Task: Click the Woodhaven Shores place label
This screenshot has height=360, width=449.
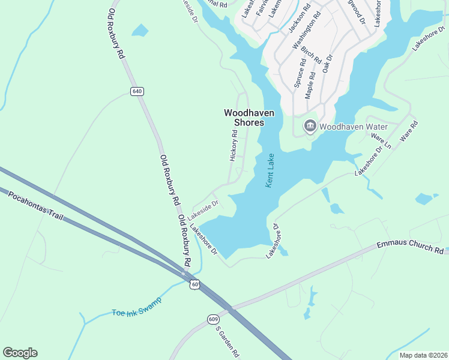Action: point(244,117)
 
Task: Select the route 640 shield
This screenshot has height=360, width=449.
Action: point(137,91)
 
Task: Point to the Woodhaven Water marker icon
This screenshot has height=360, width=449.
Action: point(310,126)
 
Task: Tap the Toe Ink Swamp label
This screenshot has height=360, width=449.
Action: point(136,312)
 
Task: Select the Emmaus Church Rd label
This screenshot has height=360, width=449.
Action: point(411,247)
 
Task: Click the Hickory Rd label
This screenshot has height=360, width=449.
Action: point(234,146)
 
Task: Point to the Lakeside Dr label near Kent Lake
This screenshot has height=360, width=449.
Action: point(202,208)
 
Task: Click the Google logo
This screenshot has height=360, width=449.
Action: point(20,353)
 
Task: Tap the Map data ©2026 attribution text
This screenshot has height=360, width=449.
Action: point(423,355)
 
